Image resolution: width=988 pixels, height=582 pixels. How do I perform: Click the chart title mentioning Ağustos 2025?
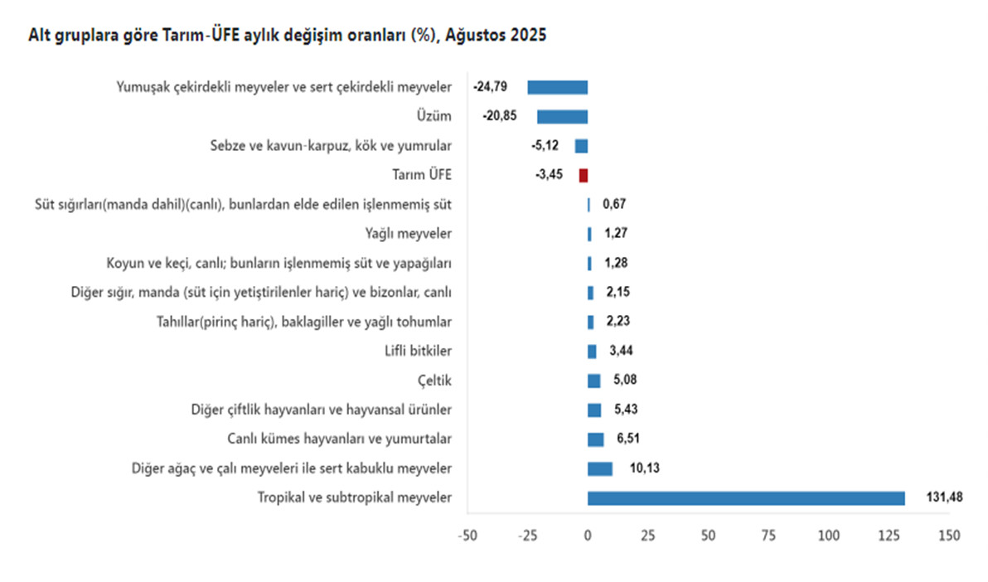(x=288, y=36)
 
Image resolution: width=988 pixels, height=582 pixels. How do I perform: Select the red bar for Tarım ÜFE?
(x=584, y=175)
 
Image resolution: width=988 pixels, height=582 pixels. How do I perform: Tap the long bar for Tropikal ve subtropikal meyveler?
(x=746, y=497)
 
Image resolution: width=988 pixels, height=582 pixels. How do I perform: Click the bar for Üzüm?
(x=562, y=116)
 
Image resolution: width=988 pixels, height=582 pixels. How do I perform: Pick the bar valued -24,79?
(x=557, y=86)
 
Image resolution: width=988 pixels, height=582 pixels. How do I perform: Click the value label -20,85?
(x=499, y=116)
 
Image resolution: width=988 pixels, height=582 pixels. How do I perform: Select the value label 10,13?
(x=643, y=468)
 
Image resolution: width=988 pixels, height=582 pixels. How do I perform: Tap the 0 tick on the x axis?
(x=588, y=536)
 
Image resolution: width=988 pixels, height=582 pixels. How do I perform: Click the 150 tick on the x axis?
(x=950, y=536)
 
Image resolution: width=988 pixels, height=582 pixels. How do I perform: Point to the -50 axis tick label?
(x=467, y=536)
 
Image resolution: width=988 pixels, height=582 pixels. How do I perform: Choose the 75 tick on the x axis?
(x=769, y=536)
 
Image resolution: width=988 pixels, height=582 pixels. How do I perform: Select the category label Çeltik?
(x=435, y=381)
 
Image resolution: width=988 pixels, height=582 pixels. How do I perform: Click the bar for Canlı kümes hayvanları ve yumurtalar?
(x=595, y=439)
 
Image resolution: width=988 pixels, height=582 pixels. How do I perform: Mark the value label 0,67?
(x=614, y=205)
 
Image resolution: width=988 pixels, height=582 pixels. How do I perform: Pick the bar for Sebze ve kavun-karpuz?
(x=581, y=146)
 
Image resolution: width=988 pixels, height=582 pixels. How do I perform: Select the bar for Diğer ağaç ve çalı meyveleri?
(x=600, y=468)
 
